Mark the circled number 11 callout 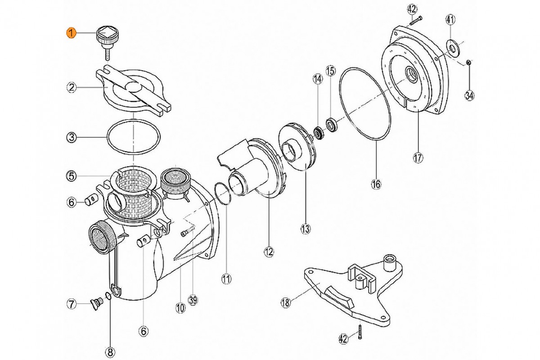(x=226, y=279)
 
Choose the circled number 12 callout (x=269, y=252)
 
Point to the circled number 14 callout (x=318, y=80)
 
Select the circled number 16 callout (x=376, y=184)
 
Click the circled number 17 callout (x=418, y=157)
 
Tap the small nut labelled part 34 (x=468, y=62)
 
